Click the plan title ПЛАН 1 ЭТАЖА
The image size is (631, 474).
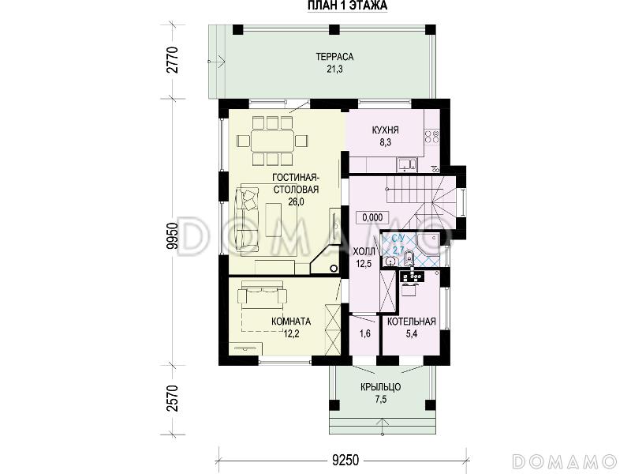click(347, 6)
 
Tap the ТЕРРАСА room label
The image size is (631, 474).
click(334, 57)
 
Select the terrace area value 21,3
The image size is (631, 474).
click(334, 70)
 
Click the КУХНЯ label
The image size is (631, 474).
click(385, 130)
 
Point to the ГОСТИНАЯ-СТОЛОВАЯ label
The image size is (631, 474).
click(296, 183)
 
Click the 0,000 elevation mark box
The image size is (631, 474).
click(372, 218)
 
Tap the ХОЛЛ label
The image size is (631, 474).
click(364, 251)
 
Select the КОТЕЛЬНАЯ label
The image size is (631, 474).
click(411, 322)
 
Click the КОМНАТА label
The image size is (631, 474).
click(291, 322)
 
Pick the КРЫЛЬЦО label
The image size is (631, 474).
click(380, 387)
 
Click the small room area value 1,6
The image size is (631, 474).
click(365, 333)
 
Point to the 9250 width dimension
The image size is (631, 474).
click(345, 460)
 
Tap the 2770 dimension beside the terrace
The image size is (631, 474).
click(173, 60)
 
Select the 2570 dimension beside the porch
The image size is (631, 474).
click(173, 399)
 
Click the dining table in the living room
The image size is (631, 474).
click(272, 141)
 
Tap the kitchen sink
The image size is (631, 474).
click(407, 164)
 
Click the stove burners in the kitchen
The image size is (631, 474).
click(431, 137)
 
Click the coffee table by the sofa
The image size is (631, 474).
click(273, 220)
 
